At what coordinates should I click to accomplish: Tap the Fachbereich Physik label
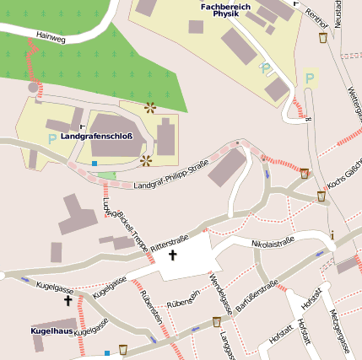tap(226, 10)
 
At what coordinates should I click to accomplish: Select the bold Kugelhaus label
tap(52, 333)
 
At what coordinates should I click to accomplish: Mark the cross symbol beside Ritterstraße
tap(174, 254)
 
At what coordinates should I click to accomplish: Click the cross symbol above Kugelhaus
tap(68, 300)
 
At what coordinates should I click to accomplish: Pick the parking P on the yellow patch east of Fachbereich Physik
tap(309, 78)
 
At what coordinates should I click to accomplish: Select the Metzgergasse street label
tap(341, 331)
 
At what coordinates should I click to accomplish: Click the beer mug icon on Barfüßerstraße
tap(218, 322)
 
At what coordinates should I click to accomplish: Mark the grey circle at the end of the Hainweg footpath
tap(34, 87)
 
